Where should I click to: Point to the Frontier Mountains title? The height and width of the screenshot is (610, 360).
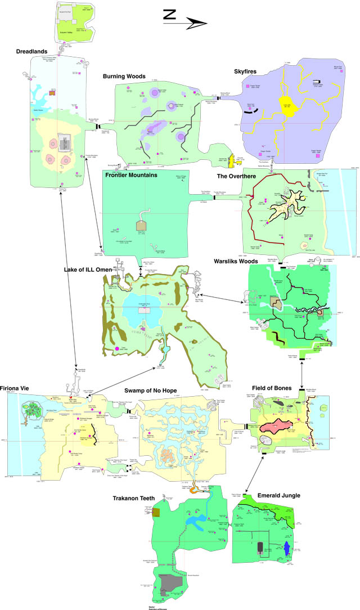(130, 175)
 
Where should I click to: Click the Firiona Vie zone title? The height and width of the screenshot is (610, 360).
(21, 388)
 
